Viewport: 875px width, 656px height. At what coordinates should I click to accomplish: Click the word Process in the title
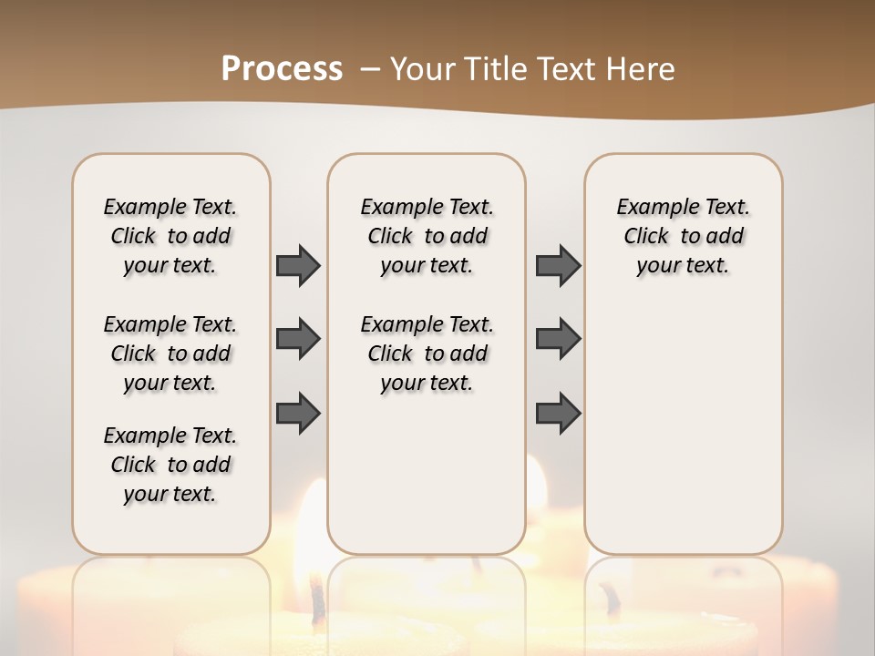282,68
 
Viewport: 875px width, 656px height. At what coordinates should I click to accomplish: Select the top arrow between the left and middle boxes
298,265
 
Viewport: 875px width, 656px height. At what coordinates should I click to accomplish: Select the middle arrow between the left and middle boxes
298,339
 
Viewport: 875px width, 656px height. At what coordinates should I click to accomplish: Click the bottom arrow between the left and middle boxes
298,413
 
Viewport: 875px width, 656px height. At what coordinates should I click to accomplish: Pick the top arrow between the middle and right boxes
558,265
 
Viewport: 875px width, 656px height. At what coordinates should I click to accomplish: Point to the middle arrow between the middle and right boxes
558,339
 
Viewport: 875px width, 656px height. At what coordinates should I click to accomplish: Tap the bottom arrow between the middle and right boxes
558,413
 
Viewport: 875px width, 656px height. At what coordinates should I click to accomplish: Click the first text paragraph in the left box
170,236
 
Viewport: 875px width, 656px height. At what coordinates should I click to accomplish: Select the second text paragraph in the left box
170,354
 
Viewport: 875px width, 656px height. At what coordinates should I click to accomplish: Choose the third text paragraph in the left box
170,465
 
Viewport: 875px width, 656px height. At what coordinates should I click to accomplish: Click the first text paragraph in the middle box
427,236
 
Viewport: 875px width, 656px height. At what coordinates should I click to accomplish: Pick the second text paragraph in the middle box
427,354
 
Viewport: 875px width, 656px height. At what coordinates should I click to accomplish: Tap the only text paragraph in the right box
684,236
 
